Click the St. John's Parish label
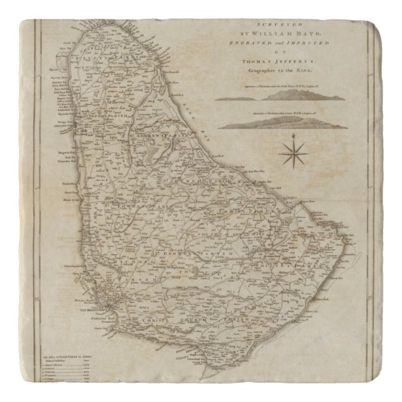click(250, 212)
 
